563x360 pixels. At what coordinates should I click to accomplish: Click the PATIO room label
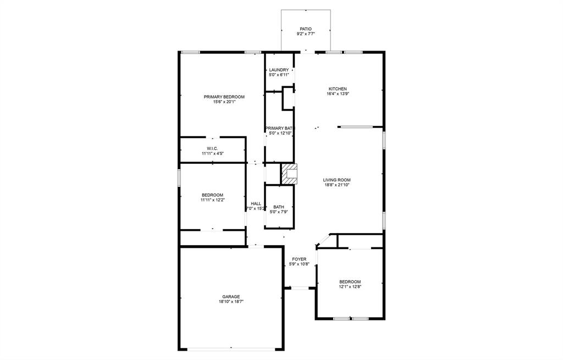point(306,29)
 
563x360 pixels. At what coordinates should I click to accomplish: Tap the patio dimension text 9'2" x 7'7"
point(306,34)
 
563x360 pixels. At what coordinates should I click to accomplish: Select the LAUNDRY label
point(279,70)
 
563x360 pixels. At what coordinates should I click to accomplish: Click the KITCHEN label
point(338,88)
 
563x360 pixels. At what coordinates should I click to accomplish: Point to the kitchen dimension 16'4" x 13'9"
point(338,94)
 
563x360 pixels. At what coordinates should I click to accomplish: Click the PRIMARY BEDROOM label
point(224,97)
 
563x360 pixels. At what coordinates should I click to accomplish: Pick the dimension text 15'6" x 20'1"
point(224,102)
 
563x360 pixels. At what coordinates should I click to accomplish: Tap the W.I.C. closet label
point(212,148)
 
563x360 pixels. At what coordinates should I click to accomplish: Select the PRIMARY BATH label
point(280,128)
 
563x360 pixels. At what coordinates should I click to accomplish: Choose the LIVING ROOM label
point(336,180)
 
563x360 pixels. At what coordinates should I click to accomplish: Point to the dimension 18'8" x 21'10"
point(336,185)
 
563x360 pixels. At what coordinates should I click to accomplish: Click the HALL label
point(256,203)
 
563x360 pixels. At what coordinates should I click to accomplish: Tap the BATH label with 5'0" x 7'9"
point(279,207)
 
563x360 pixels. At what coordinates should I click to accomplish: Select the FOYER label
point(299,259)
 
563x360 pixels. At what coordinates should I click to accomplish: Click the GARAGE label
point(231,297)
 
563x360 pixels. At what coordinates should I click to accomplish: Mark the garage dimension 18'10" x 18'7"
point(231,302)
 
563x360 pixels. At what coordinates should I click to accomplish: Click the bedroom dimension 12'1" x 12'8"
point(350,286)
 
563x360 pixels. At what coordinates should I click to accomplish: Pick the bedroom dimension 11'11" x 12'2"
point(212,200)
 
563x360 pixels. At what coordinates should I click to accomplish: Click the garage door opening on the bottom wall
point(231,349)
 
